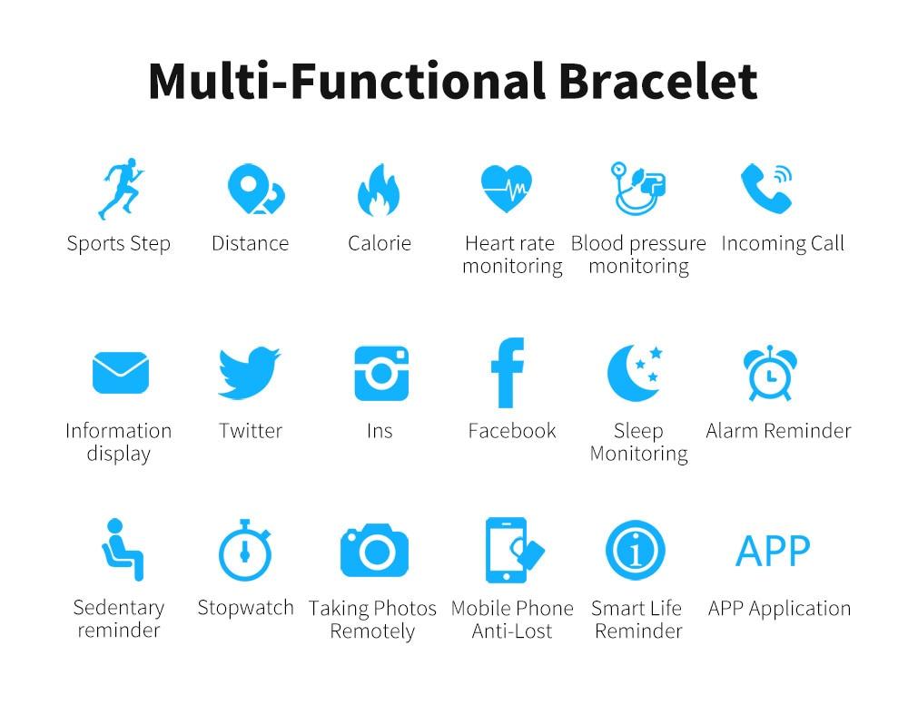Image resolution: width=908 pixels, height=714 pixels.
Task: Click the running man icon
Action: [121, 188]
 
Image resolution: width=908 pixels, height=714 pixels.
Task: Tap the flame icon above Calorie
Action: [379, 190]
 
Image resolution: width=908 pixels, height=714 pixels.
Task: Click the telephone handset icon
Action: [766, 189]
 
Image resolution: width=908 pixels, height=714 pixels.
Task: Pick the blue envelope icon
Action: [121, 373]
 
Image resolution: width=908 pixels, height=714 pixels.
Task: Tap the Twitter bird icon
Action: [249, 373]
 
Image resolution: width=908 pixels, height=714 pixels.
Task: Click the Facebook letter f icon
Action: [508, 373]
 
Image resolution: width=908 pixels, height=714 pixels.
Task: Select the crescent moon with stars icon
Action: [635, 373]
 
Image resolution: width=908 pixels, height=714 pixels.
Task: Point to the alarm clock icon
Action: [770, 373]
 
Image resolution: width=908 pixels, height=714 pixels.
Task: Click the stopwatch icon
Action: [245, 551]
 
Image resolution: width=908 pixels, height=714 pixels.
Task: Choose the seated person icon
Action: [123, 550]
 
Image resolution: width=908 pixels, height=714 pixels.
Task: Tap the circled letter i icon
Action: [636, 551]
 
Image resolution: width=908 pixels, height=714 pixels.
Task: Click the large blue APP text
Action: [773, 551]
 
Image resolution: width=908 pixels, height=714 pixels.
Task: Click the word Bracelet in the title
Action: [657, 82]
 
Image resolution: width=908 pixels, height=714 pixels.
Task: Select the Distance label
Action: [251, 243]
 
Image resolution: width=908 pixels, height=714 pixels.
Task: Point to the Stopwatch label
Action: [245, 608]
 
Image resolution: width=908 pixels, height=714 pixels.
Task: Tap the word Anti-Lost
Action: [512, 631]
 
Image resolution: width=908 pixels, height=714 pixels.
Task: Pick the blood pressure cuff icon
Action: [638, 188]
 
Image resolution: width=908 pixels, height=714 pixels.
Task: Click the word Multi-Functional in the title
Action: [346, 82]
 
